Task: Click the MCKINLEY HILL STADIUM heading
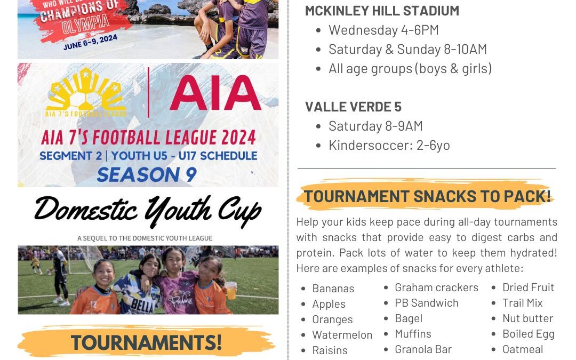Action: pyautogui.click(x=382, y=11)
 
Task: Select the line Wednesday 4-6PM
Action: pyautogui.click(x=383, y=30)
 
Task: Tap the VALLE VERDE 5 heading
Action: pyautogui.click(x=354, y=107)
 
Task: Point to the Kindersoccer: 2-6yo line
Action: pyautogui.click(x=389, y=146)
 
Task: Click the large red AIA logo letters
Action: pyautogui.click(x=215, y=93)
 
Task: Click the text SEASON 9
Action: pyautogui.click(x=147, y=174)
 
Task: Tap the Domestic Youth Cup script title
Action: pyautogui.click(x=148, y=211)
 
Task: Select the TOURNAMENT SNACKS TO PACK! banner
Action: pyautogui.click(x=427, y=196)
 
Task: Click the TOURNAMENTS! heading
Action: pyautogui.click(x=146, y=342)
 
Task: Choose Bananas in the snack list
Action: pyautogui.click(x=333, y=289)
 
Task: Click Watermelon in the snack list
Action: pyautogui.click(x=342, y=335)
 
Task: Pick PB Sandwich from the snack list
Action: pyautogui.click(x=427, y=303)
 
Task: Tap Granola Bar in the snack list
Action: pyautogui.click(x=423, y=349)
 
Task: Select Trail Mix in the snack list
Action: pyautogui.click(x=522, y=303)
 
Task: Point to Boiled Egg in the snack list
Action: pyautogui.click(x=528, y=334)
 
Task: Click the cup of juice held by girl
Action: pyautogui.click(x=231, y=291)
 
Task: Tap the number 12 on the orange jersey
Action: pyautogui.click(x=93, y=304)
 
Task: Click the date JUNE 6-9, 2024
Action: pyautogui.click(x=90, y=42)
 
